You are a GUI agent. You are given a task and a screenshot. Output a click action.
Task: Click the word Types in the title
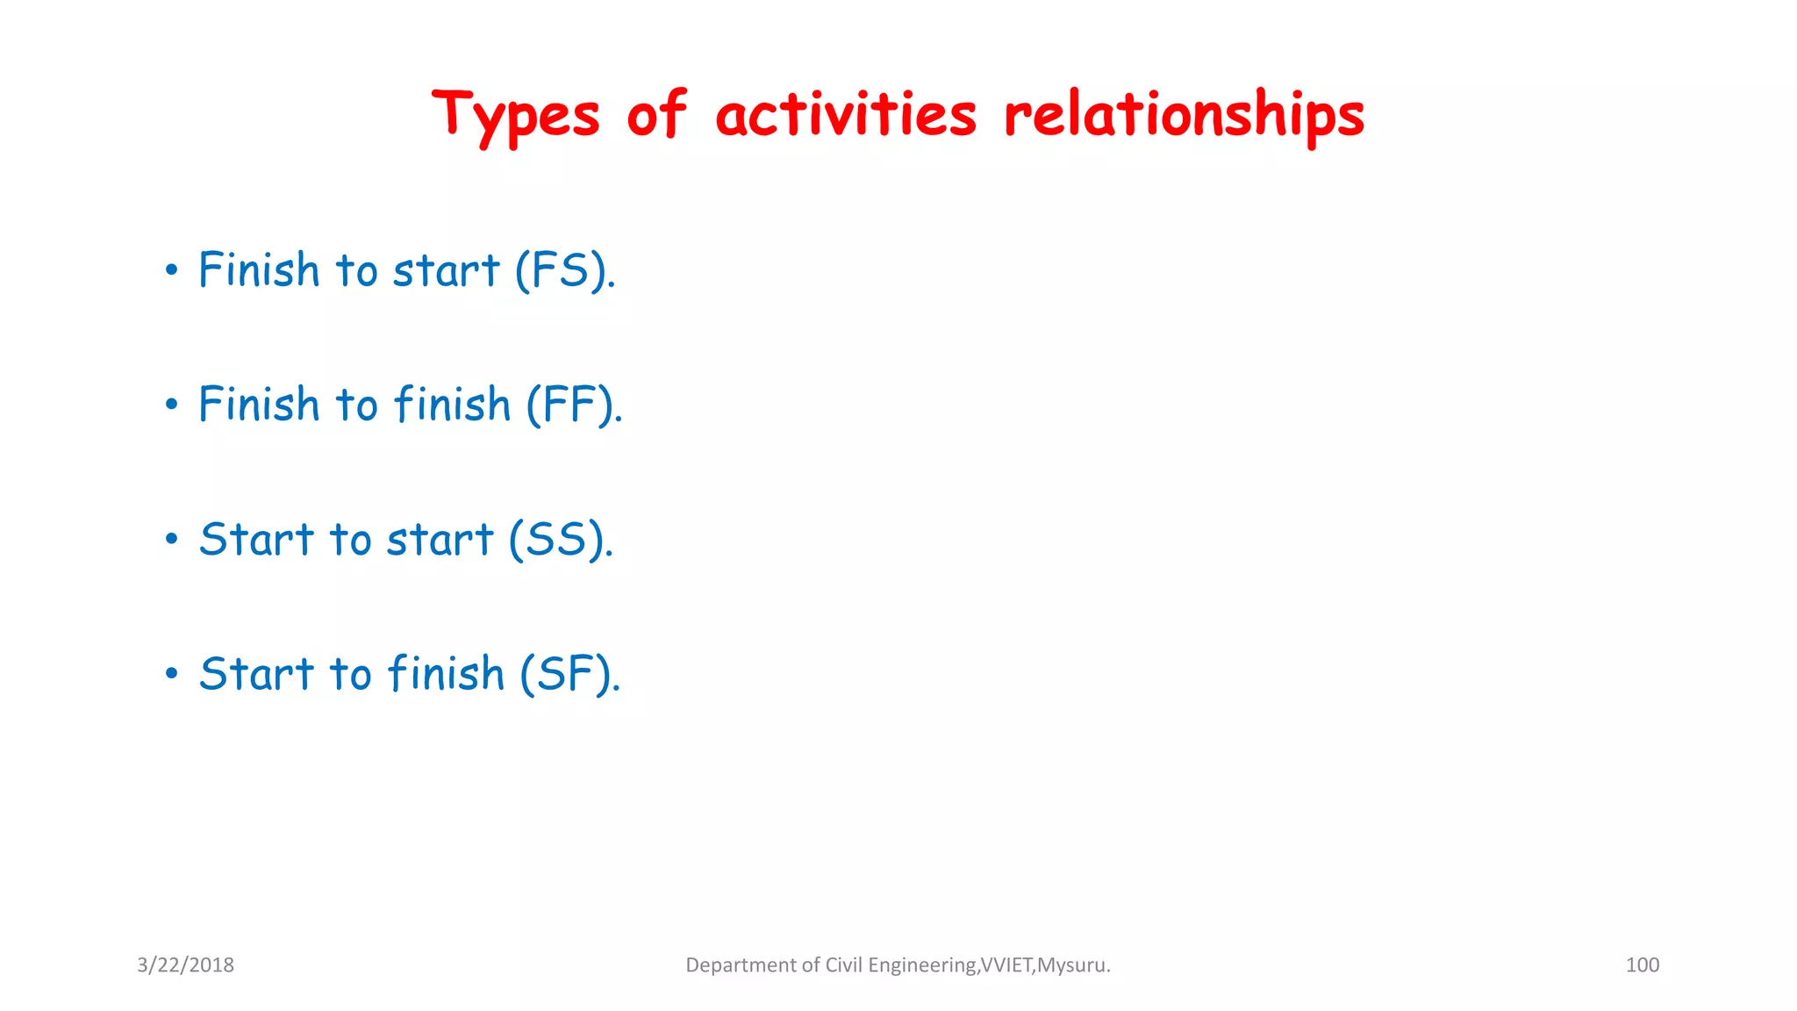coord(515,116)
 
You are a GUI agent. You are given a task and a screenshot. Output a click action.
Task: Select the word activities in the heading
coord(845,116)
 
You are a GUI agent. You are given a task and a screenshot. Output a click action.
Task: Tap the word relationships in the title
coord(1184,116)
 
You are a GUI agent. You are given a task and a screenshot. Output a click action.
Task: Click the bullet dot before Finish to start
coord(171,270)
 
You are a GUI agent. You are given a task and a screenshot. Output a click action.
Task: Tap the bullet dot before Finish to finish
coord(171,405)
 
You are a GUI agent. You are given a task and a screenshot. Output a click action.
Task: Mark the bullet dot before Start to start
coord(171,539)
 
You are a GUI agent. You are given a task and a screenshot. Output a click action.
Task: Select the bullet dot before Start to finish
coord(171,674)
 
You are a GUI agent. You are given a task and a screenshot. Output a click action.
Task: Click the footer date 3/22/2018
coord(185,964)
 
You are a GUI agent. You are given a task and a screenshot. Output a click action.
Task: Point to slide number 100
coord(1642,964)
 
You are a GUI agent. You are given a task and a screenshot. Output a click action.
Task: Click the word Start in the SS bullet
coord(255,539)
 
